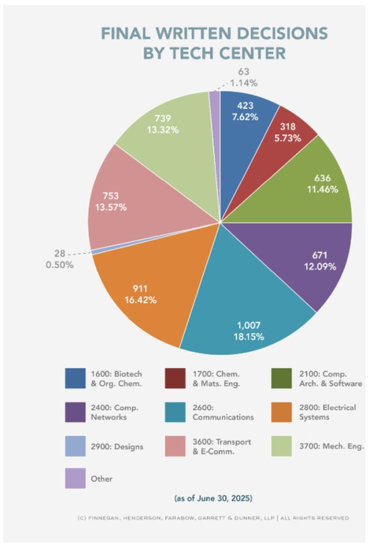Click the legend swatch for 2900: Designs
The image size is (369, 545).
coord(75,445)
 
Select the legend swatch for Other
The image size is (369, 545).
coord(75,478)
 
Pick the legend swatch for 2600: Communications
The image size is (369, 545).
coord(177,411)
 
